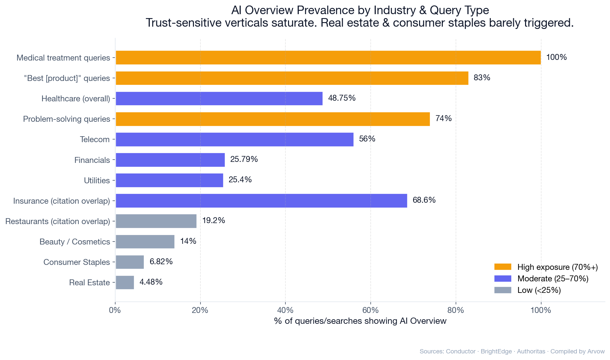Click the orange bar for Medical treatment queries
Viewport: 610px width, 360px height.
coord(328,58)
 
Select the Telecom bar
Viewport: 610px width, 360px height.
coord(234,140)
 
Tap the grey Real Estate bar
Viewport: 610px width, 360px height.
coord(125,282)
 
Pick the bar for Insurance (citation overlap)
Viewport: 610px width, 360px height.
coord(261,201)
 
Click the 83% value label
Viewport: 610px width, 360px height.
coord(482,78)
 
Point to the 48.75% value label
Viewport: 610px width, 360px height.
coord(342,98)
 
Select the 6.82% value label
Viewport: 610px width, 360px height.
coord(161,262)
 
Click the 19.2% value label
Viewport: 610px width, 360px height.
coord(213,220)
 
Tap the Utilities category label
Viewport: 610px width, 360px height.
coord(97,180)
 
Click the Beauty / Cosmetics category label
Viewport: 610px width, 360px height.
coord(75,242)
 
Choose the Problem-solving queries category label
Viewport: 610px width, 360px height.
coord(66,119)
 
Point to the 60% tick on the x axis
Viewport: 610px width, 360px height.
coord(371,310)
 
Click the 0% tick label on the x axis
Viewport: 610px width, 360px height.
coord(115,310)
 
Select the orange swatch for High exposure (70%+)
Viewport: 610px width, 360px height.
coord(503,267)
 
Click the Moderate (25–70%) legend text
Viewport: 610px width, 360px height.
coord(553,279)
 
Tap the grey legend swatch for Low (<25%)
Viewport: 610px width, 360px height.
coord(503,290)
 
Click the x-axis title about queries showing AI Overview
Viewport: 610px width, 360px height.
coord(360,321)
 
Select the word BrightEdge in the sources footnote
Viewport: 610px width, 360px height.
coord(496,351)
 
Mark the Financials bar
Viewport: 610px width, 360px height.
coord(170,160)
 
